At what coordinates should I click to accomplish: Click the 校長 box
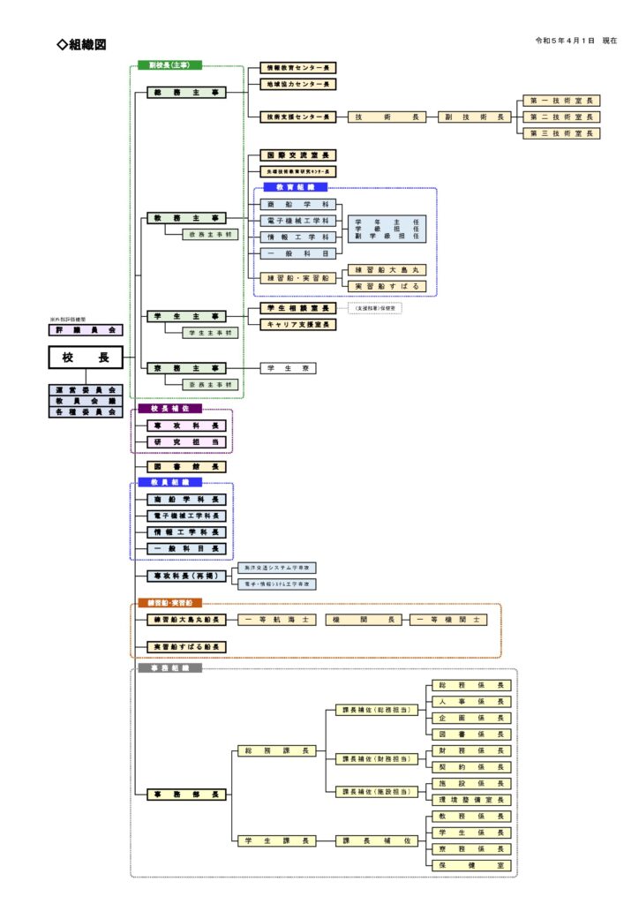click(x=86, y=357)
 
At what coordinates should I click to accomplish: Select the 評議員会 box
click(x=86, y=329)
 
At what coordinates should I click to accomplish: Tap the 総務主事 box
click(x=186, y=92)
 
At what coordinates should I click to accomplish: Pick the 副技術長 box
click(x=474, y=117)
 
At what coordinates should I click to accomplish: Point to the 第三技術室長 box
click(x=563, y=133)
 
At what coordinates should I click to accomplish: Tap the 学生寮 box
click(x=288, y=368)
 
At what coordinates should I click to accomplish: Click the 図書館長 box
click(x=186, y=466)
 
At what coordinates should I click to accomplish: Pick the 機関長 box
click(x=364, y=621)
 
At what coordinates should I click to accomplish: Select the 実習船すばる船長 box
click(x=186, y=647)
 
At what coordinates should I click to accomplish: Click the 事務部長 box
click(x=186, y=795)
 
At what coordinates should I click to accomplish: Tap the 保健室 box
click(x=470, y=866)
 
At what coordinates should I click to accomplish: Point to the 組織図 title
click(x=81, y=45)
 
